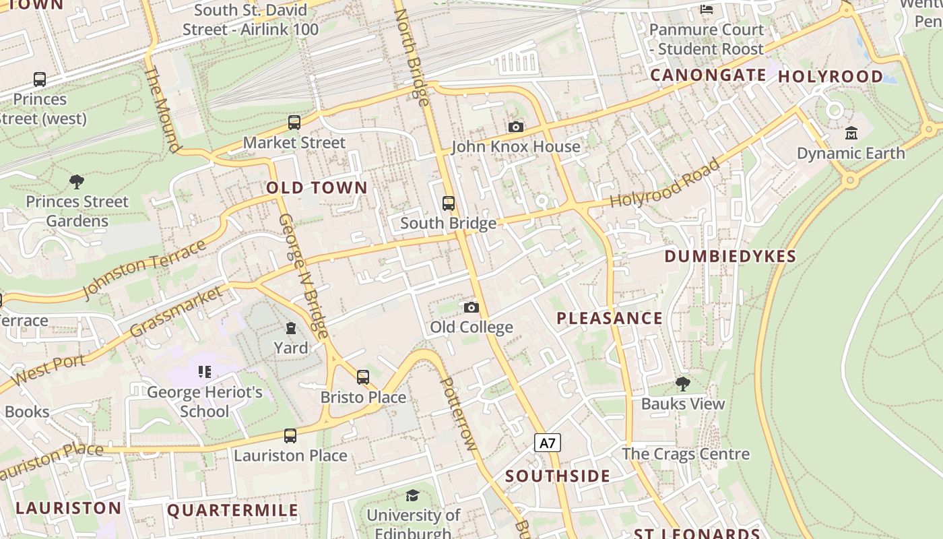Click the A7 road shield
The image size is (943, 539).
coord(548,443)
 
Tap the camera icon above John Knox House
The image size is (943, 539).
coord(516,127)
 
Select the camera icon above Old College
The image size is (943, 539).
coord(471,307)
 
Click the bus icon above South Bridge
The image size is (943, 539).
coord(449,203)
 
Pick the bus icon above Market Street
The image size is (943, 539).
coord(294,123)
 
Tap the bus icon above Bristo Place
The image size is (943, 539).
coord(363,377)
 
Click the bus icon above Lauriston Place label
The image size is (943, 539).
coord(290,436)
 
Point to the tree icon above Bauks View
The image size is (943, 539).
coord(683,384)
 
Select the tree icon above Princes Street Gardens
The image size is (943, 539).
coord(77,181)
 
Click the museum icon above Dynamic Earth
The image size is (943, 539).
coord(851,133)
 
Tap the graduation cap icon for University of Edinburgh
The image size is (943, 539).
coord(413,496)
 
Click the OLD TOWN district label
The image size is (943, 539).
coord(317,188)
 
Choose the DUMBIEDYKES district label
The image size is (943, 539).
coord(730,256)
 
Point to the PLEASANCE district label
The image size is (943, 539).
coord(610,318)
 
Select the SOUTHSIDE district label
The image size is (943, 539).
coord(558,476)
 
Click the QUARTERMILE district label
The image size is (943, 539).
coord(232,510)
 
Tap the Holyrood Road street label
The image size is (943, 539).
coord(665,183)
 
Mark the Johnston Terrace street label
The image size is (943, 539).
coord(144,269)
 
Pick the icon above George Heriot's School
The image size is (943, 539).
coord(205,371)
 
